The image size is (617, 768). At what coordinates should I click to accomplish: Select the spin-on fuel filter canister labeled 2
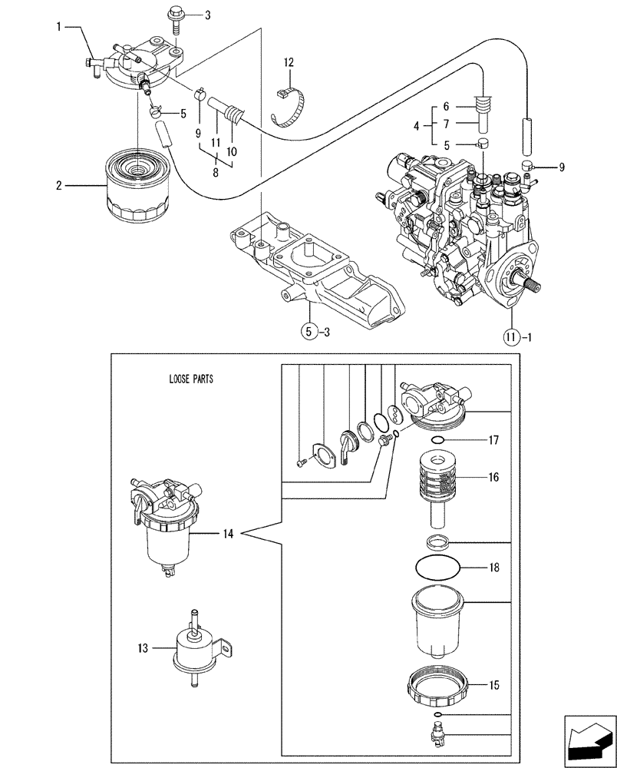[x=136, y=187]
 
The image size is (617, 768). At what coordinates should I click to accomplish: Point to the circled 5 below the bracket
[x=307, y=333]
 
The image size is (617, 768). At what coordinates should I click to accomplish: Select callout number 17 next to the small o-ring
[x=493, y=441]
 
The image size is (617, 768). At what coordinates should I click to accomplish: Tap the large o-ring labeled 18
[x=439, y=569]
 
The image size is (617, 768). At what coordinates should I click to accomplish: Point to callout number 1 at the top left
[x=60, y=28]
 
